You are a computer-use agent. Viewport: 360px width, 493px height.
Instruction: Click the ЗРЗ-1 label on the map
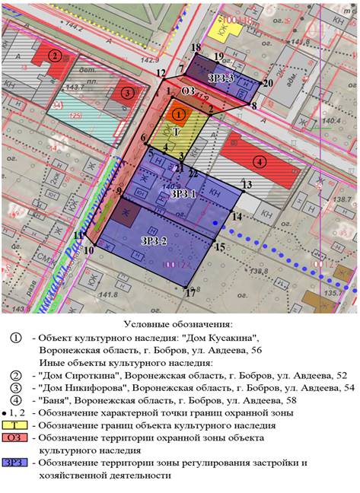(x=183, y=194)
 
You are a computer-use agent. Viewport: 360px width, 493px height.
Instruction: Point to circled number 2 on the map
(x=55, y=56)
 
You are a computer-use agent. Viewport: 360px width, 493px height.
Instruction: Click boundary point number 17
(x=190, y=291)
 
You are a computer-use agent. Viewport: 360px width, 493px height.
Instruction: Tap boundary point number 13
(x=247, y=185)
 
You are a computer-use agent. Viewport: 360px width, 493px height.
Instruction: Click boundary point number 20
(x=267, y=84)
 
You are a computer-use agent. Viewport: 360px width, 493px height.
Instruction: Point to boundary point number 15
(x=220, y=247)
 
